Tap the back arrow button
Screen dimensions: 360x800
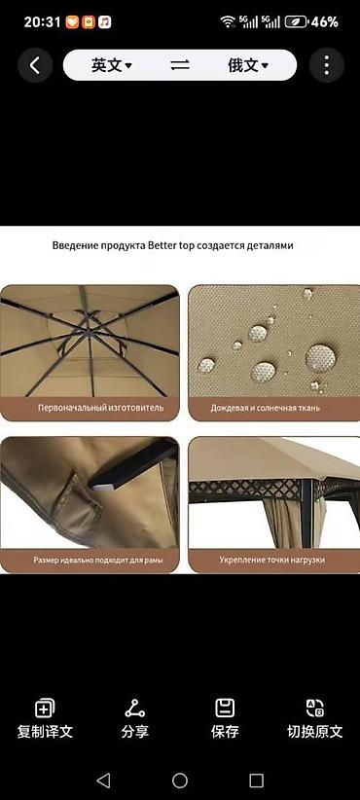click(35, 65)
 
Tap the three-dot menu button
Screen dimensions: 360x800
click(326, 65)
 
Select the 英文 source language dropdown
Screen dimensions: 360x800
click(112, 65)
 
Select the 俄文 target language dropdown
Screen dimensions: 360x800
click(248, 65)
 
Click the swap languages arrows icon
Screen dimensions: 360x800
click(180, 65)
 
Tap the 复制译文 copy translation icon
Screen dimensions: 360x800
click(45, 709)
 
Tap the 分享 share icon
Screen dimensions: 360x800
click(134, 709)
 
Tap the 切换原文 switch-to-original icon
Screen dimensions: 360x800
click(314, 709)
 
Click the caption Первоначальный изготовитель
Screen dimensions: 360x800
click(101, 408)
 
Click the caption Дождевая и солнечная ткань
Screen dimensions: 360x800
click(266, 408)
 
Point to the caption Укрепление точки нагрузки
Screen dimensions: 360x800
click(271, 560)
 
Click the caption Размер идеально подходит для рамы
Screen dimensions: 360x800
click(98, 560)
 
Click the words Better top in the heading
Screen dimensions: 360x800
click(169, 245)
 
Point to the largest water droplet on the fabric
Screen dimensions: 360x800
click(321, 357)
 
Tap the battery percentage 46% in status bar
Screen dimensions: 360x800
click(325, 22)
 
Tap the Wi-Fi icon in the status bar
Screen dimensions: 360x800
click(228, 21)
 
